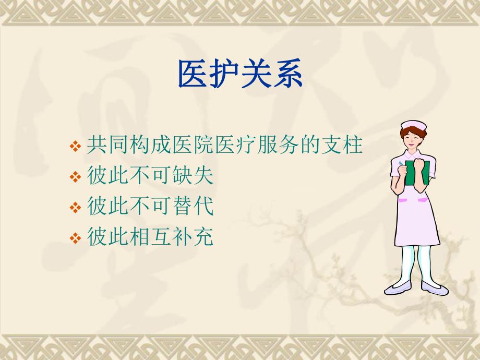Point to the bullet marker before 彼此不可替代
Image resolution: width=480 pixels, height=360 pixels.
(x=75, y=208)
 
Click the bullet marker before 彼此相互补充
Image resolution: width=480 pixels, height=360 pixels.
(x=75, y=239)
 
